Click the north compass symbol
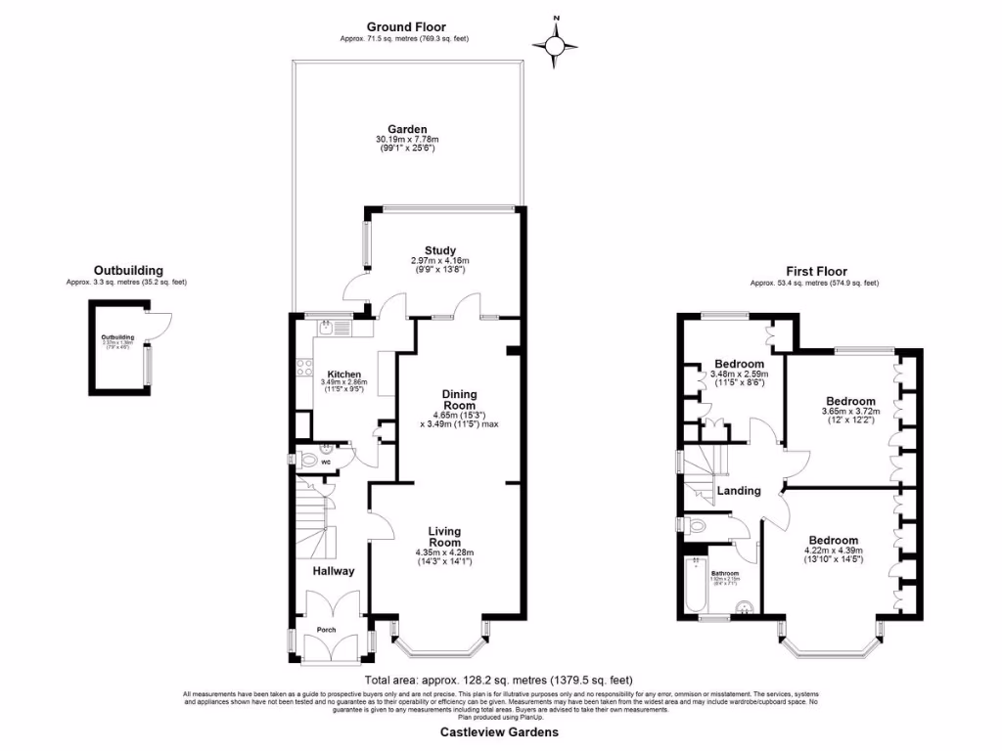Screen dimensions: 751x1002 [x=556, y=43]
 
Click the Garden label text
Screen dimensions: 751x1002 [x=407, y=129]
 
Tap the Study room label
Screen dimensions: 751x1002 [x=440, y=251]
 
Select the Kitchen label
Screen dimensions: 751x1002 [x=344, y=375]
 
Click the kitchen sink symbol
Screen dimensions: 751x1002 [x=330, y=328]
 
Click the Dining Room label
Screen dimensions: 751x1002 [x=459, y=399]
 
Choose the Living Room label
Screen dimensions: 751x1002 [x=444, y=537]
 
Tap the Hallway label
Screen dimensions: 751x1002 [x=334, y=571]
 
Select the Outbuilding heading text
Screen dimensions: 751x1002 [x=128, y=271]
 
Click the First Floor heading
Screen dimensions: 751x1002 [x=816, y=272]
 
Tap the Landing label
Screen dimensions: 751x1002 [x=739, y=491]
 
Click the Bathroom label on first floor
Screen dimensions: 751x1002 [x=724, y=573]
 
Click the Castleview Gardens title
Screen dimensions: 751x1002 [x=499, y=731]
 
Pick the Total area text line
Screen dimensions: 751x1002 [x=499, y=680]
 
